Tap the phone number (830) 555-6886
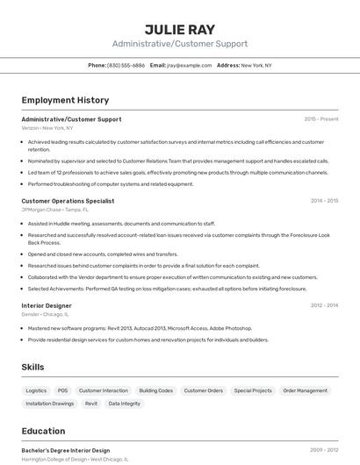click(x=126, y=65)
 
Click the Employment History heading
click(x=65, y=100)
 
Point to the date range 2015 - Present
click(x=320, y=118)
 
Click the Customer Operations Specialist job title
click(x=68, y=201)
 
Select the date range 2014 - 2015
click(x=324, y=201)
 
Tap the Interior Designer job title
click(x=47, y=305)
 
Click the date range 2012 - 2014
click(x=324, y=305)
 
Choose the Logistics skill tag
click(x=36, y=390)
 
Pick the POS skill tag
click(x=62, y=390)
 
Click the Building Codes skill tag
click(x=155, y=390)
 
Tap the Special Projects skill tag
click(x=253, y=390)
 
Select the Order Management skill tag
click(x=305, y=390)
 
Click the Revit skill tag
click(x=91, y=404)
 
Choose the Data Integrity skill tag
click(x=124, y=404)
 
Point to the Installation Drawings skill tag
click(x=50, y=404)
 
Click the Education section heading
click(x=43, y=431)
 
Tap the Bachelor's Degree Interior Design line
click(x=65, y=450)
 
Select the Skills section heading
click(x=33, y=367)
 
